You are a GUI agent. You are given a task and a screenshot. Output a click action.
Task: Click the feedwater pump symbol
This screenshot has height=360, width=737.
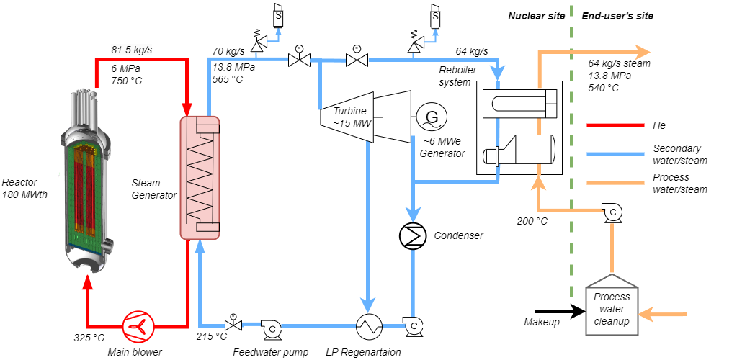click(x=272, y=328)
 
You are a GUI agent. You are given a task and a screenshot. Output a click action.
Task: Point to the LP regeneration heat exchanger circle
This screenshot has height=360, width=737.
click(x=369, y=327)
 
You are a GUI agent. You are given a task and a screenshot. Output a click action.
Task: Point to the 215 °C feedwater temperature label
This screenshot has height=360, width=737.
click(x=212, y=336)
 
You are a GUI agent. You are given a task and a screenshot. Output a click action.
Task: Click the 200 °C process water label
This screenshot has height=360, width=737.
click(x=532, y=221)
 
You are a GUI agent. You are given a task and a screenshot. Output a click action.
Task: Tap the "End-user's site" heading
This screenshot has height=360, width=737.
click(x=617, y=16)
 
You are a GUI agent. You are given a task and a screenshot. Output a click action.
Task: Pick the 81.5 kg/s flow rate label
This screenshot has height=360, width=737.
click(x=131, y=50)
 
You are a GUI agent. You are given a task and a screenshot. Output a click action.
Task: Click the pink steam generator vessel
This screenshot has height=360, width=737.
click(x=200, y=177)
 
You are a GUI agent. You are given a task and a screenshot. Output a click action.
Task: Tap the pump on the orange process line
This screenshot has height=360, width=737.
click(x=612, y=212)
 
